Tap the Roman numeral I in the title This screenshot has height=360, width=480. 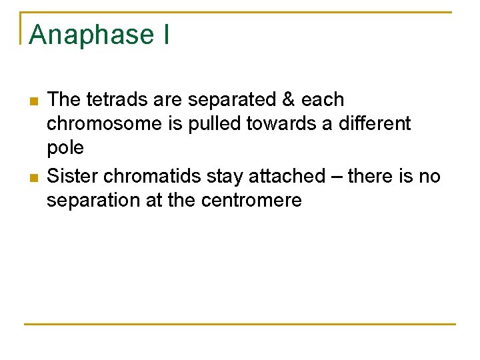point(165,35)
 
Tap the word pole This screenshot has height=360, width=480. point(65,149)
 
